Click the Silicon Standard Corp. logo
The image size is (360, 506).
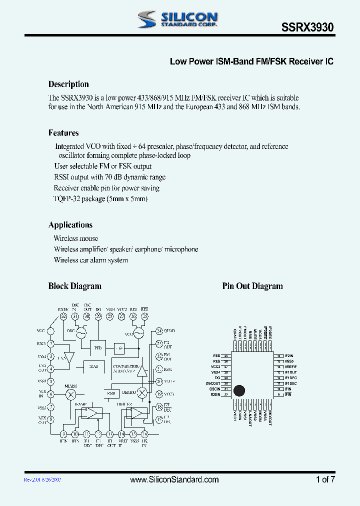coord(177,19)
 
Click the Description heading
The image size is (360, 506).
coord(68,84)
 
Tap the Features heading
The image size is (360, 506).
coord(63,133)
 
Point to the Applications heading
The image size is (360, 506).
coord(70,225)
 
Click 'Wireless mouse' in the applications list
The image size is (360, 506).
coord(76,238)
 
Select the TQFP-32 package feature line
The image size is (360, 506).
coord(100,199)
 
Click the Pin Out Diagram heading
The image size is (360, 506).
coord(252,286)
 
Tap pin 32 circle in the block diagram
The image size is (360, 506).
coord(63,316)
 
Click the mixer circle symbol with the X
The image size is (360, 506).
coord(70,394)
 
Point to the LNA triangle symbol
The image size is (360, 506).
coord(69,357)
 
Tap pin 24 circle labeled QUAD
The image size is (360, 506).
coord(159,330)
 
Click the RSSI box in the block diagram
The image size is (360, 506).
coord(111,393)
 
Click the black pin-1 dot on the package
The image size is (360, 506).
coord(240,391)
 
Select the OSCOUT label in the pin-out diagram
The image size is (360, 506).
coord(212,383)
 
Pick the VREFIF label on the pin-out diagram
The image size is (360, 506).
coord(291,366)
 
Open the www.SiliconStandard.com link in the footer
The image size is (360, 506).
coord(174,479)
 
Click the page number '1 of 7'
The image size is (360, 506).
coord(325,479)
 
